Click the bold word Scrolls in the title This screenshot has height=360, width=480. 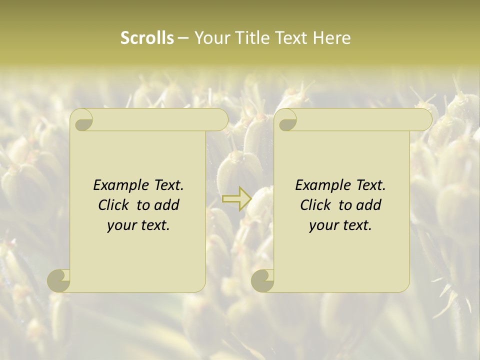coord(147,38)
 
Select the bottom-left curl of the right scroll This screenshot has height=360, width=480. coord(263,280)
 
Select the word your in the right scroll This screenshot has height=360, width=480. coord(322,226)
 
